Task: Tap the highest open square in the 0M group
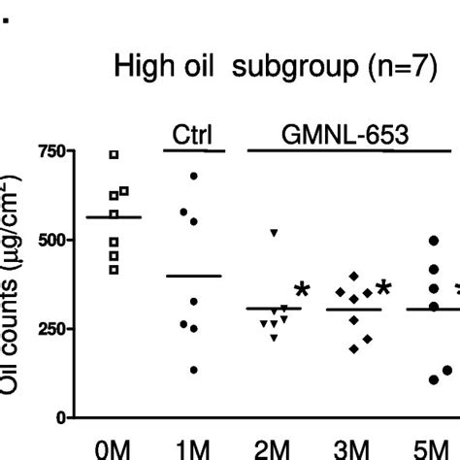pyautogui.click(x=115, y=154)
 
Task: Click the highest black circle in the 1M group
pyautogui.click(x=194, y=176)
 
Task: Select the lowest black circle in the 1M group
pyautogui.click(x=194, y=370)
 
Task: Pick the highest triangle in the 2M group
pyautogui.click(x=275, y=233)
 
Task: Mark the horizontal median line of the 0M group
pyautogui.click(x=115, y=217)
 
